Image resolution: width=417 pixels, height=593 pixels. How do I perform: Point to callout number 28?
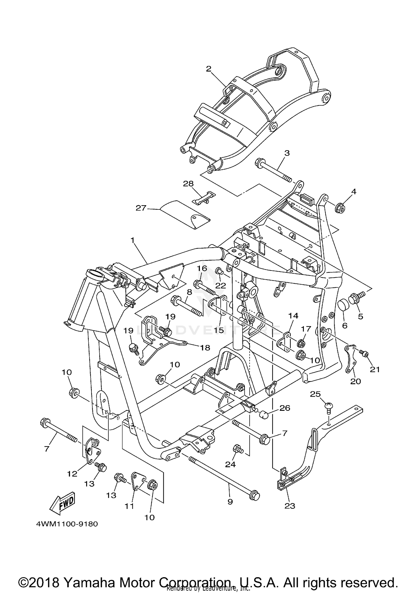click(188, 184)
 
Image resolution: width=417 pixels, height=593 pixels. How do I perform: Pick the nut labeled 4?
click(340, 208)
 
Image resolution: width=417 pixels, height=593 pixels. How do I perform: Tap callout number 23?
click(289, 506)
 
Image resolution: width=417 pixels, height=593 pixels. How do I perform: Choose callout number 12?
click(72, 474)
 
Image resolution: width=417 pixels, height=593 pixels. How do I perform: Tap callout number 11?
click(129, 506)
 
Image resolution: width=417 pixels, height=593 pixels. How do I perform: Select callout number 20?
click(356, 381)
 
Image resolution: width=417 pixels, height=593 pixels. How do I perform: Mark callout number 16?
click(202, 268)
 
